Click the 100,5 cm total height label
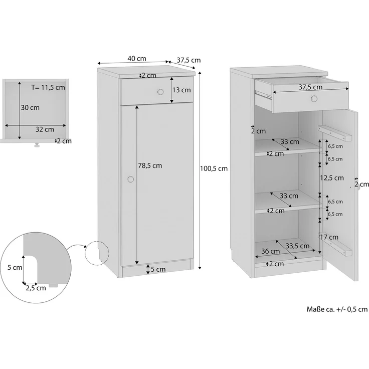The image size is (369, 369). coord(214,168)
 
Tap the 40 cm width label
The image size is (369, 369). coord(134,59)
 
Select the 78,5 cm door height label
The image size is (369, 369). coord(150,165)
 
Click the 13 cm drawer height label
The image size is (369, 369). coord(181,90)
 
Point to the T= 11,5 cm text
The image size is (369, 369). coord(48,87)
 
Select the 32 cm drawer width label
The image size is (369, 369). coord(45,129)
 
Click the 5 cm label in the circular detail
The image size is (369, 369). coord(15,267)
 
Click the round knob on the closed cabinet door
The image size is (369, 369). coord(131,179)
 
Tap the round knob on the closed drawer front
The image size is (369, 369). coord(160,92)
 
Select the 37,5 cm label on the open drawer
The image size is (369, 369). coord(310,87)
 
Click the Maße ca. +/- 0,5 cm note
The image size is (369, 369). coord(336,309)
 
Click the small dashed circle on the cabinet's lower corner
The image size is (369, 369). coord(96,253)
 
